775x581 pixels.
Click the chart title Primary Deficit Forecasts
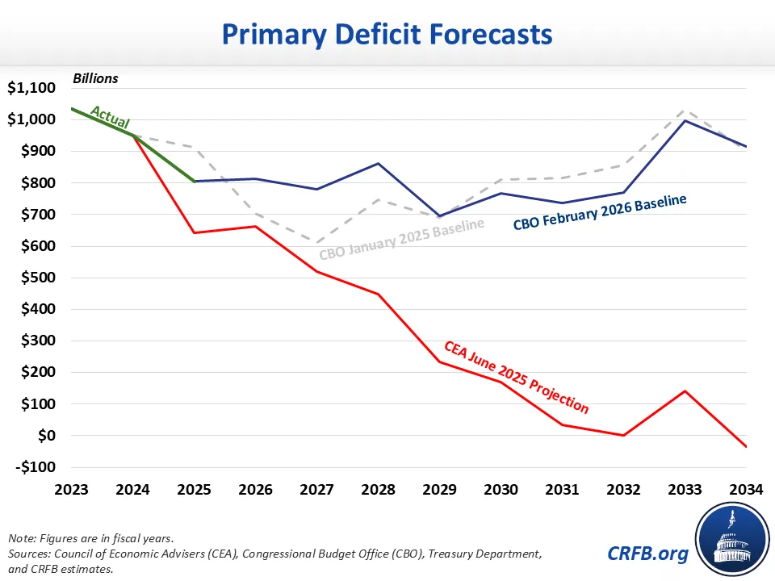click(x=387, y=34)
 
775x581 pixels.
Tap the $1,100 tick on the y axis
click(x=31, y=89)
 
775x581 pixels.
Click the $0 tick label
click(x=46, y=436)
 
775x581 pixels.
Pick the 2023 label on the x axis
click(x=71, y=489)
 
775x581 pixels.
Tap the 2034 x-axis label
click(x=745, y=489)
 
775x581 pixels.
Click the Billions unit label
click(x=95, y=78)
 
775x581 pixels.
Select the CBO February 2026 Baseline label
click(x=600, y=212)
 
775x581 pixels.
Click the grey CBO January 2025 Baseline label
click(x=401, y=239)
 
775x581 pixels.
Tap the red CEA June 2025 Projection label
click(x=517, y=378)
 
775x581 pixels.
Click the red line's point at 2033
click(x=685, y=391)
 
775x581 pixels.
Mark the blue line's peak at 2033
click(x=685, y=120)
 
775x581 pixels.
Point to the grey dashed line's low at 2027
click(x=316, y=242)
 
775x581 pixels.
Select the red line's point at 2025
click(x=194, y=233)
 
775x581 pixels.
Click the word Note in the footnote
click(x=21, y=538)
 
